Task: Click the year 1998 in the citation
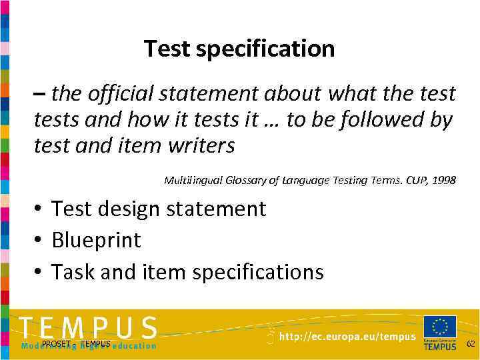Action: point(444,180)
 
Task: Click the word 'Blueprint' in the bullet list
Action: point(96,240)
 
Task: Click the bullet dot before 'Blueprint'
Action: point(39,240)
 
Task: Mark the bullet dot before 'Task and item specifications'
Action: point(39,272)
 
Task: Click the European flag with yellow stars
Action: point(440,327)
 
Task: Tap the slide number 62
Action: point(470,344)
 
